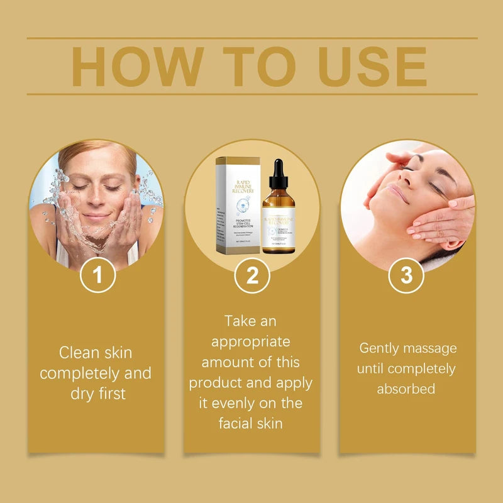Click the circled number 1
[x=97, y=275]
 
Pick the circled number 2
[x=252, y=275]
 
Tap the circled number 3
[x=407, y=275]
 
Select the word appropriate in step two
[x=251, y=341]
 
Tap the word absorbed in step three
[x=406, y=389]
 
